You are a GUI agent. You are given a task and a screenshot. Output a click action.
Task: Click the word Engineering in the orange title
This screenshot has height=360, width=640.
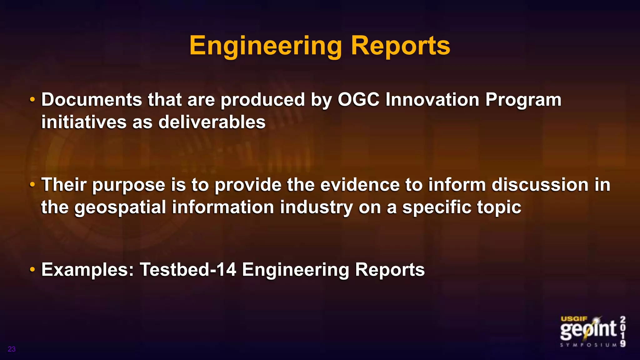266,46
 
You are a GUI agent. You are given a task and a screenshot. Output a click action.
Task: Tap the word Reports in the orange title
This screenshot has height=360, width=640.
400,46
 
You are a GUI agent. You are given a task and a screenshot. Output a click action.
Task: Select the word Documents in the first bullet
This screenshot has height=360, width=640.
92,100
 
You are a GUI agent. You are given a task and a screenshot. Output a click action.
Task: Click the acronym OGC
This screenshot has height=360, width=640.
358,100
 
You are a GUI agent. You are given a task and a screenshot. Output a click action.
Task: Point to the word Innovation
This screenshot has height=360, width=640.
432,100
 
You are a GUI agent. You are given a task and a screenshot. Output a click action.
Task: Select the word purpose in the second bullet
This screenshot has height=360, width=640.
128,185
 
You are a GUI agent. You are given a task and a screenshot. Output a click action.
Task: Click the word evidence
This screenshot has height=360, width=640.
360,185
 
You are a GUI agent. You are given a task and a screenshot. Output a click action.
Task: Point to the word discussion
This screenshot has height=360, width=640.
540,185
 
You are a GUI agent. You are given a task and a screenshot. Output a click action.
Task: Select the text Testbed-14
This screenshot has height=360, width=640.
188,269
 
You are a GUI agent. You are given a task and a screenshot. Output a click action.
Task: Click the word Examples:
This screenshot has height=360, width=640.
88,270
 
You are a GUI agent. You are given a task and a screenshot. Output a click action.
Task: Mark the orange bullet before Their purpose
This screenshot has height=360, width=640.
32,185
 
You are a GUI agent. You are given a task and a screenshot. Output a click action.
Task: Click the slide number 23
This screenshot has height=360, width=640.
12,349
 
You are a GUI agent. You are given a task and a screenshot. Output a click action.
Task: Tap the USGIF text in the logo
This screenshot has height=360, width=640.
574,319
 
